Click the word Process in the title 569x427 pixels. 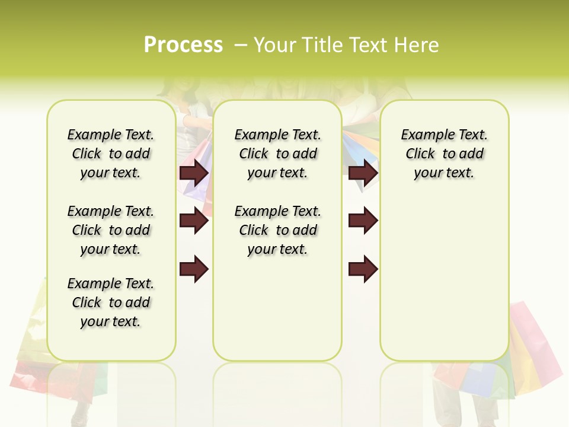tap(183, 45)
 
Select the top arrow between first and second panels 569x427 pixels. tap(194, 173)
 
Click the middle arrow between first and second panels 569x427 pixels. tap(194, 221)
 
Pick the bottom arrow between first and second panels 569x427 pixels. tap(194, 269)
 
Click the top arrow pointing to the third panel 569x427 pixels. tap(363, 173)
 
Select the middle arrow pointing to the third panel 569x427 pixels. tap(363, 221)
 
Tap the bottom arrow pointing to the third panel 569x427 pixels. tap(363, 269)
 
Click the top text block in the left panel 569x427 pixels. tap(111, 154)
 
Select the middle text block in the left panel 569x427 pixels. tap(111, 230)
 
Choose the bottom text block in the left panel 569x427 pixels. tap(111, 302)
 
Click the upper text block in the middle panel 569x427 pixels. tap(277, 154)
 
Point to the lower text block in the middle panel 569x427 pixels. tap(277, 230)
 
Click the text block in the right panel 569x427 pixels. tap(444, 154)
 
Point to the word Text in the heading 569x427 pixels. tap(366, 45)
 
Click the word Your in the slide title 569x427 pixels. tap(275, 45)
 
